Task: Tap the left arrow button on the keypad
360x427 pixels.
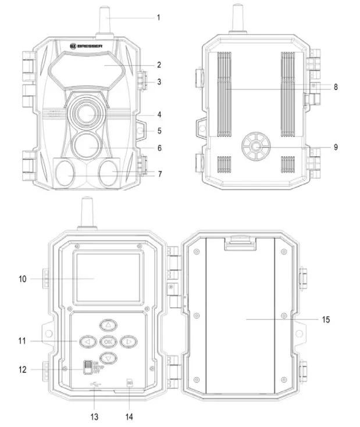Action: (x=88, y=342)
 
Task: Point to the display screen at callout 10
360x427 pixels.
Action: (x=107, y=278)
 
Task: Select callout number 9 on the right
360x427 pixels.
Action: (x=336, y=148)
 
